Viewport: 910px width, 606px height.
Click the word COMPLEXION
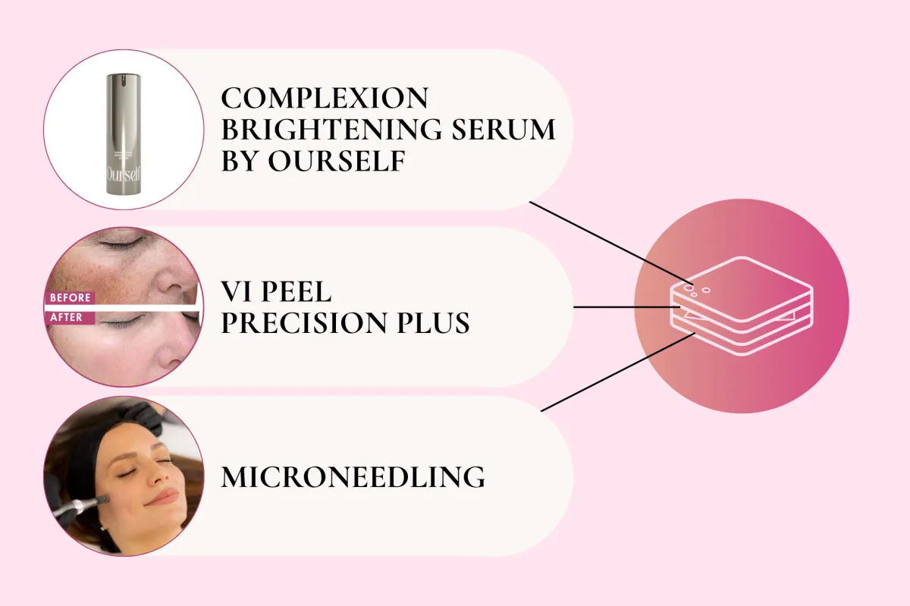tap(325, 98)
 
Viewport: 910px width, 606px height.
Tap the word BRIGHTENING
tap(331, 130)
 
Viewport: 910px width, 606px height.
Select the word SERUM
tap(504, 130)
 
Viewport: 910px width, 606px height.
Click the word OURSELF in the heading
tap(337, 161)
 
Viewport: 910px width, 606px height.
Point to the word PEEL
tap(297, 291)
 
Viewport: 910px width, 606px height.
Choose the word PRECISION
tap(304, 323)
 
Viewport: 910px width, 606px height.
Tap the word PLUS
tap(433, 323)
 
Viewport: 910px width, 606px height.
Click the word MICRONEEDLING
tap(353, 477)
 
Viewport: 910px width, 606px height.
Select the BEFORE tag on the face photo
tap(70, 298)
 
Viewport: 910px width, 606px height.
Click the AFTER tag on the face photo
tap(69, 318)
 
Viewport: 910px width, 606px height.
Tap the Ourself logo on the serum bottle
tap(124, 174)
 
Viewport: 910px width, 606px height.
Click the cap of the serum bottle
tap(124, 78)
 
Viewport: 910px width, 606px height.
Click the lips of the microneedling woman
tap(162, 497)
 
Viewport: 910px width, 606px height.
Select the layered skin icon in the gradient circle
tap(742, 306)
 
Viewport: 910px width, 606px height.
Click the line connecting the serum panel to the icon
tap(611, 243)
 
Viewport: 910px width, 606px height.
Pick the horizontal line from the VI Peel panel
tap(626, 307)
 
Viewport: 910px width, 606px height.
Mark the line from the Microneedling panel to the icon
tap(618, 372)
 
